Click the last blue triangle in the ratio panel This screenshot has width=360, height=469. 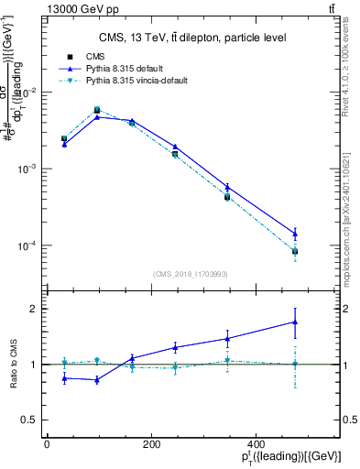tap(295, 322)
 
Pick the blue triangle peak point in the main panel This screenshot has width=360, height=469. tap(97, 117)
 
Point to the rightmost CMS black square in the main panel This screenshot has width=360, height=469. tap(295, 251)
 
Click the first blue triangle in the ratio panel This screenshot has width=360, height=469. tap(64, 377)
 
